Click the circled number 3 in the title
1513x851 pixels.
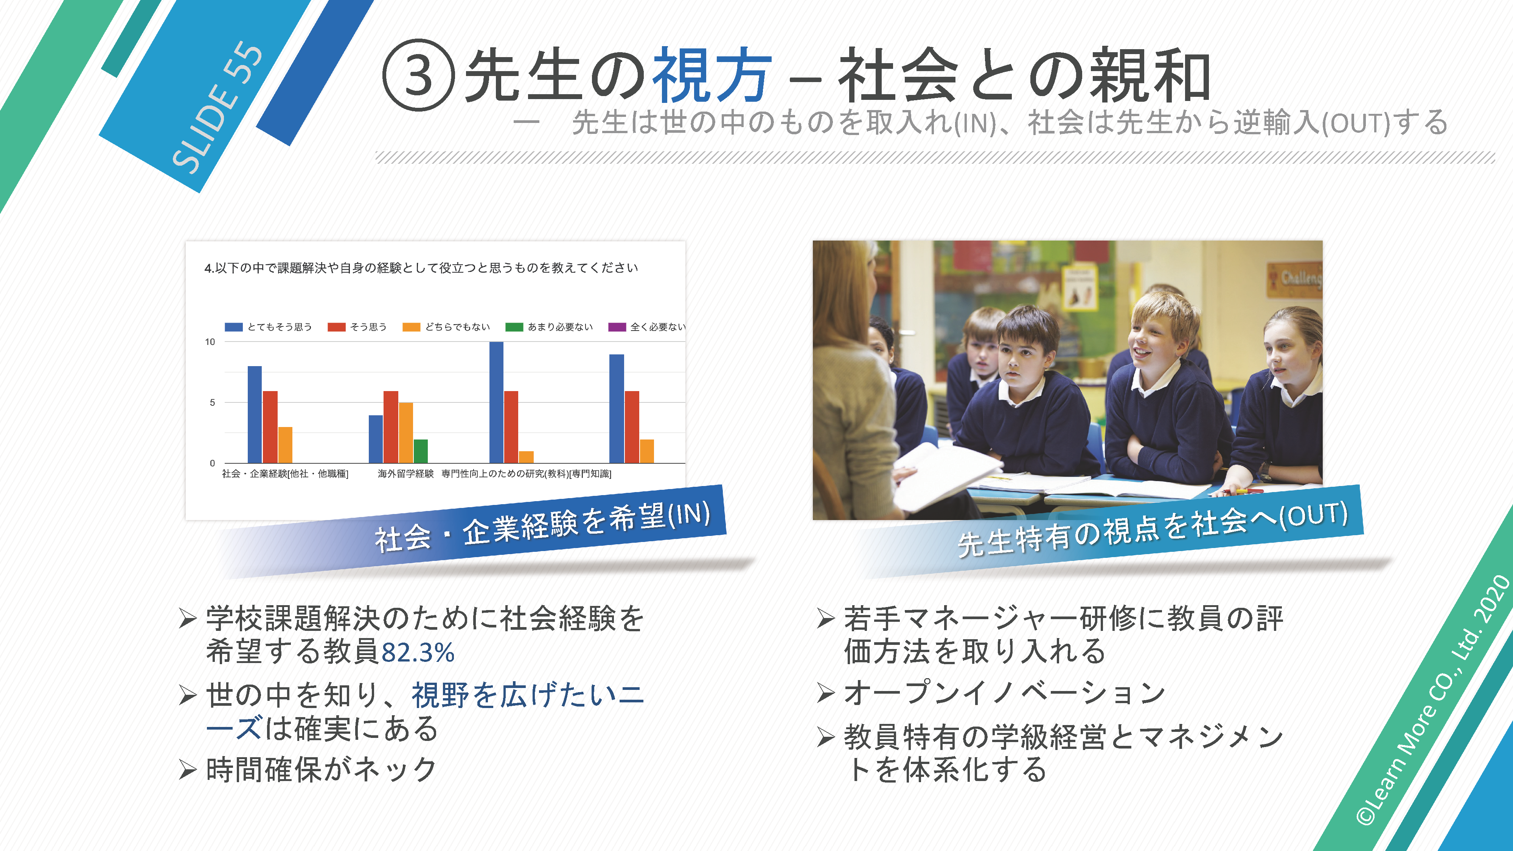pyautogui.click(x=418, y=75)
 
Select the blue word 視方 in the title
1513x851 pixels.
pyautogui.click(x=712, y=75)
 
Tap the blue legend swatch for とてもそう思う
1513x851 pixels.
pyautogui.click(x=234, y=327)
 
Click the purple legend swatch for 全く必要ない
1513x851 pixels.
pyautogui.click(x=617, y=327)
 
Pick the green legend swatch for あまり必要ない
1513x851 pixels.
pyautogui.click(x=514, y=327)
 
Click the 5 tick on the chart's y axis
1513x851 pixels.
pyautogui.click(x=212, y=402)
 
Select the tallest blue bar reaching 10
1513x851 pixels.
pyautogui.click(x=496, y=402)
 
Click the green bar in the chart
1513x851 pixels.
pyautogui.click(x=421, y=451)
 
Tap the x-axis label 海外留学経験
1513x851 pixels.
pyautogui.click(x=405, y=474)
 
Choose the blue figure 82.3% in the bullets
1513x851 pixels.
pyautogui.click(x=418, y=652)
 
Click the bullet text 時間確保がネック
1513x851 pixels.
pyautogui.click(x=321, y=769)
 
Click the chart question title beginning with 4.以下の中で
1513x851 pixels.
pyautogui.click(x=421, y=268)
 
